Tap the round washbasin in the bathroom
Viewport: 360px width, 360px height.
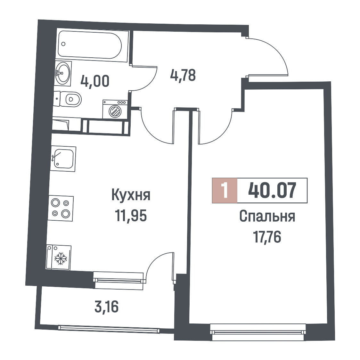(x=62, y=73)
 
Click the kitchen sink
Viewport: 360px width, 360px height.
(x=63, y=159)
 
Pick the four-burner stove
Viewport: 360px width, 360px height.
(x=61, y=208)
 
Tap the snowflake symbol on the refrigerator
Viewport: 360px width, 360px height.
(x=61, y=258)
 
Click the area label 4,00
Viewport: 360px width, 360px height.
(x=95, y=81)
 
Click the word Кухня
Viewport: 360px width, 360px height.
(x=131, y=195)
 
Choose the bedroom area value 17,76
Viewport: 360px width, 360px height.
(x=267, y=237)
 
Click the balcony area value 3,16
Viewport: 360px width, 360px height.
(x=106, y=307)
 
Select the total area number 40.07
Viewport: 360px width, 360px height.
(x=272, y=190)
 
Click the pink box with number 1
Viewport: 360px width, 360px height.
(x=225, y=191)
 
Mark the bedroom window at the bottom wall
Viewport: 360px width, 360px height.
(x=258, y=332)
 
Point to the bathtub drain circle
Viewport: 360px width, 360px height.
(x=63, y=44)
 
